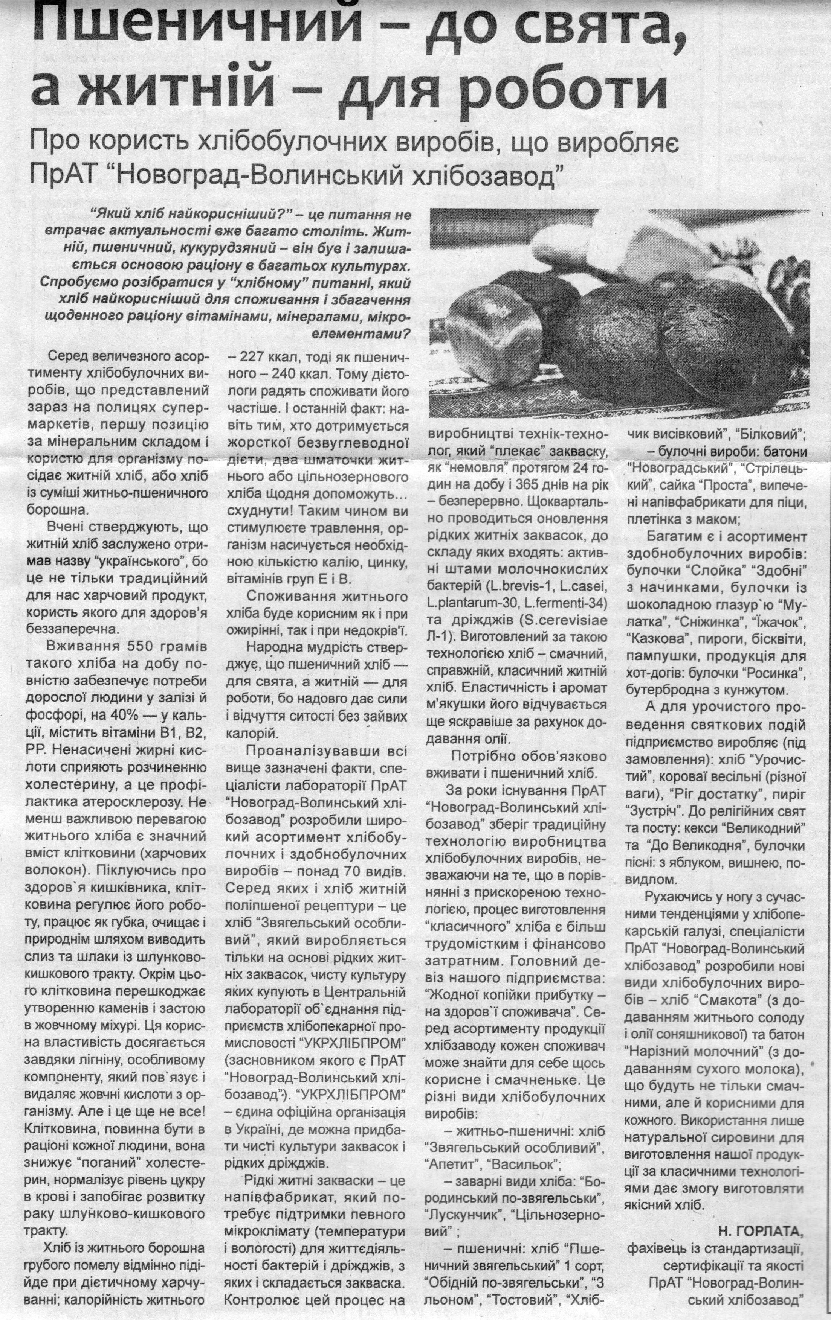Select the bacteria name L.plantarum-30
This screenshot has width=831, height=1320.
(x=470, y=603)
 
